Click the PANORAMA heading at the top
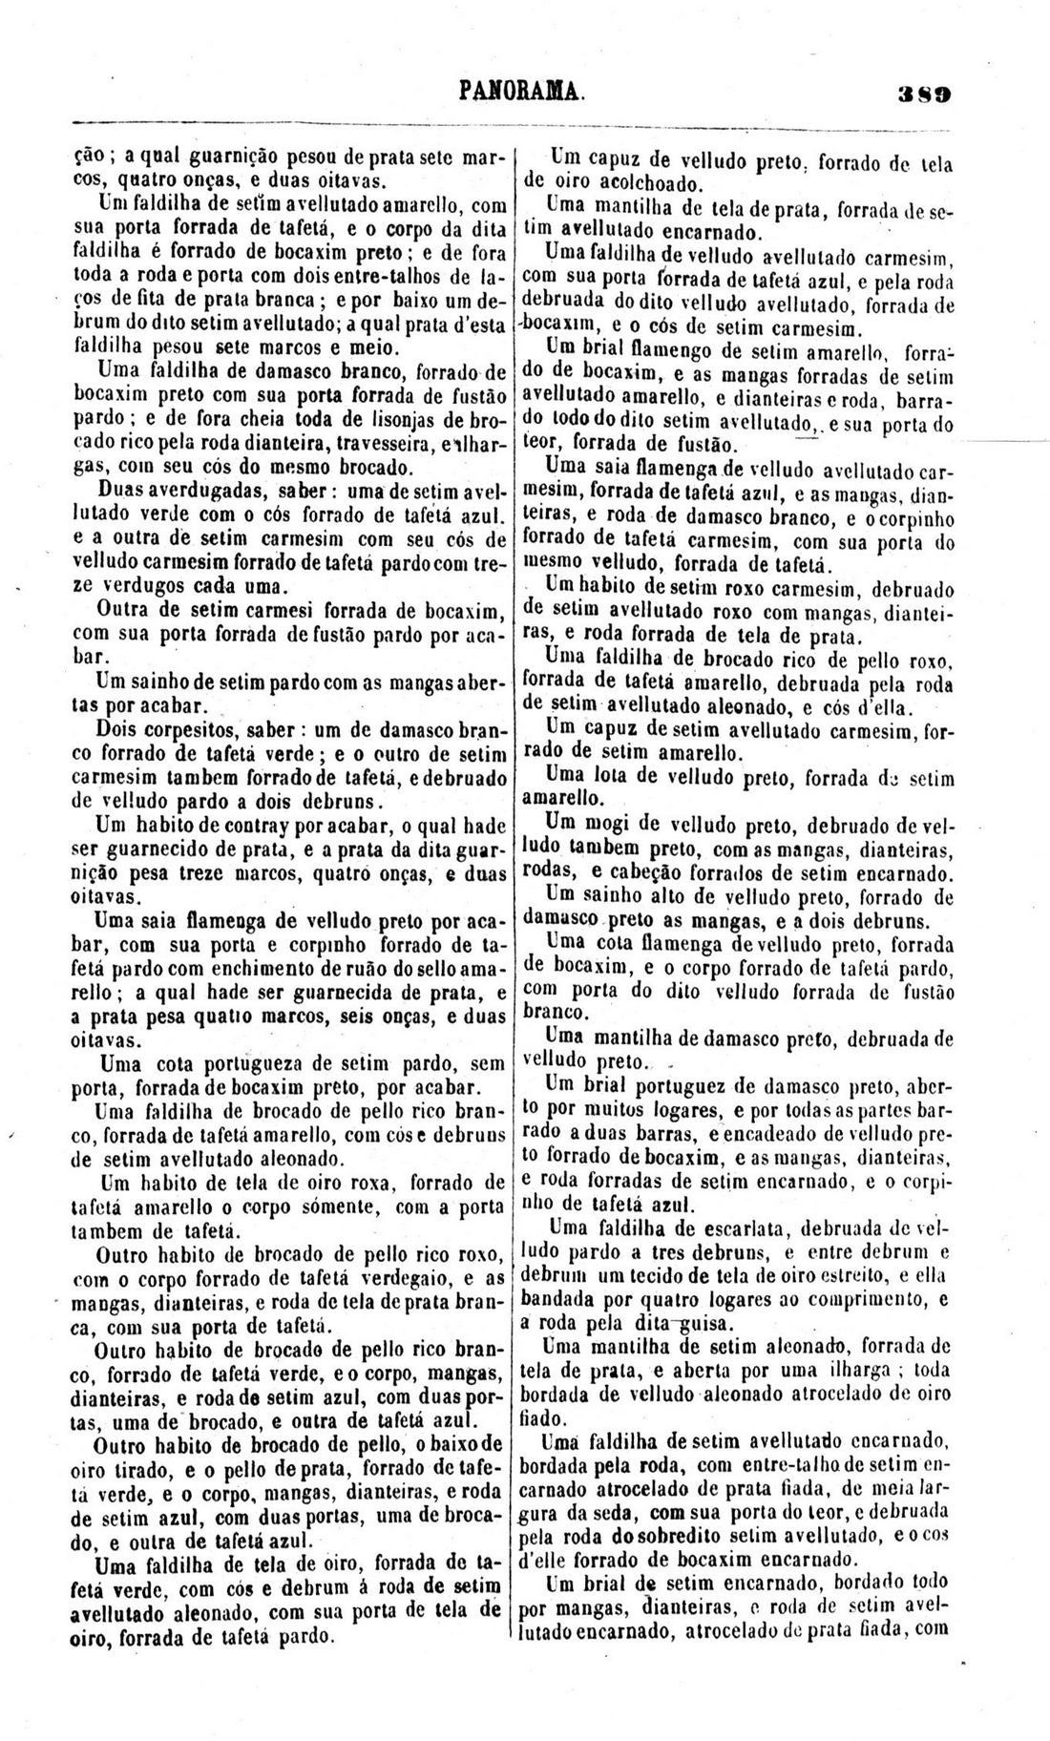520,91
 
